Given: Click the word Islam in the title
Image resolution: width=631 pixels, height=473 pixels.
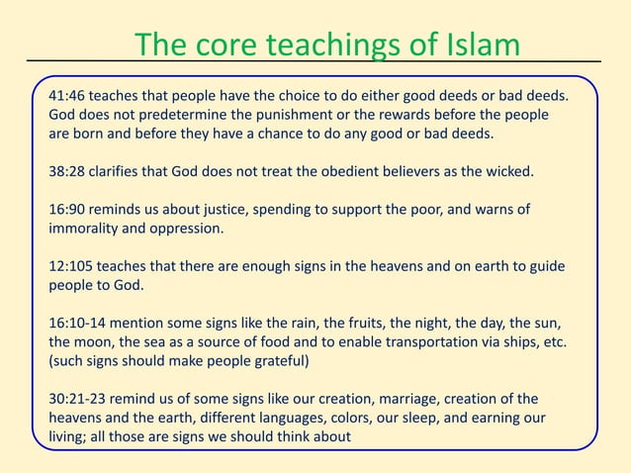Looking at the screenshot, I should coord(477,46).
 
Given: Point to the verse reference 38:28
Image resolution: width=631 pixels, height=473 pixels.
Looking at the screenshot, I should coord(68,170).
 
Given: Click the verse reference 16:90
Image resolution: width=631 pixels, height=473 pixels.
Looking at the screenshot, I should coord(68,210).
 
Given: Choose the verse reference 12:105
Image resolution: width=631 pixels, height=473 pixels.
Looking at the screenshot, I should coord(72,267).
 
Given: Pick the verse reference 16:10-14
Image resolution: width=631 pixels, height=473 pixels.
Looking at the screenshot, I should coord(78,324).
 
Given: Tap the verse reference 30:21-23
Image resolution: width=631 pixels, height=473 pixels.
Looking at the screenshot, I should coord(78,399).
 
